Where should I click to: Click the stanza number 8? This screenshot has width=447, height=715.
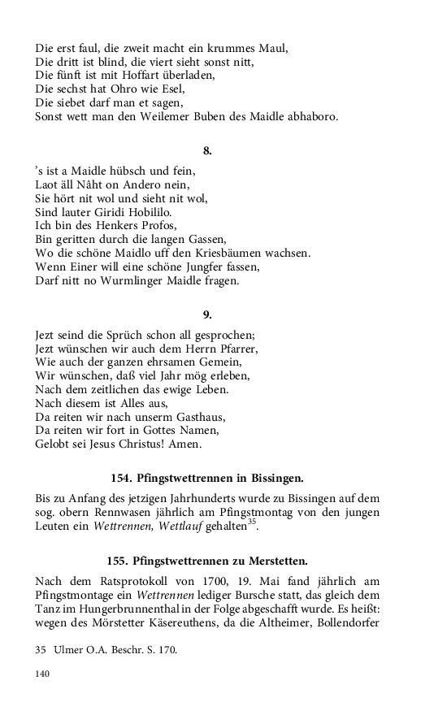[207, 149]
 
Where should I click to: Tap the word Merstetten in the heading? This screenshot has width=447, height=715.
[274, 560]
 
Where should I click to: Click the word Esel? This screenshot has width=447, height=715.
[171, 89]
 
